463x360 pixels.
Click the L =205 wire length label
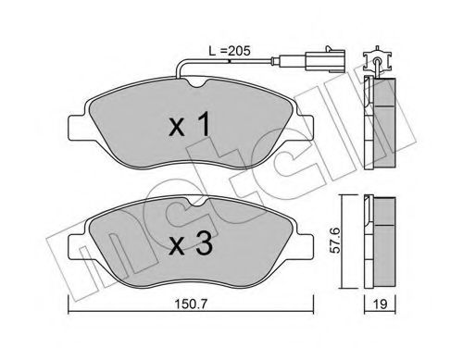(229, 51)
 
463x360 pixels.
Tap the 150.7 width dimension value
(191, 304)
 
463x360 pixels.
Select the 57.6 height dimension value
(335, 241)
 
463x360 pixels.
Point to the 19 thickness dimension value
(381, 304)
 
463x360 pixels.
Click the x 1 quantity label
(190, 125)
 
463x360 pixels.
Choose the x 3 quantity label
(191, 243)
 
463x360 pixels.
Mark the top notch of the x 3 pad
(196, 202)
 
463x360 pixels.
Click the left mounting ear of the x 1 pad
(77, 126)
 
